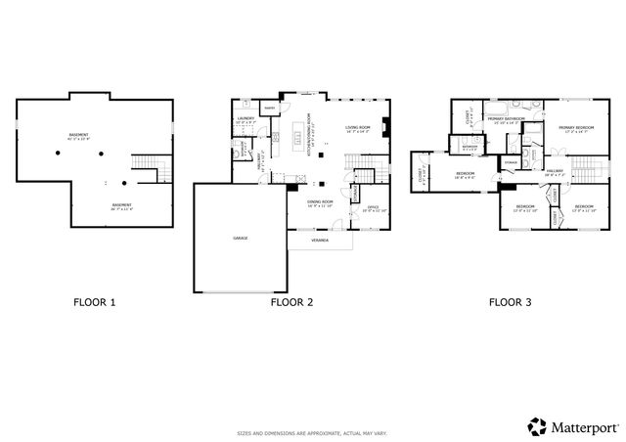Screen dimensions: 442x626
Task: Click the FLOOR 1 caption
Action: (94, 302)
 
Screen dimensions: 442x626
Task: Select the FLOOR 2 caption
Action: (291, 302)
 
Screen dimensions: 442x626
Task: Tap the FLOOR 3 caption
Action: (510, 302)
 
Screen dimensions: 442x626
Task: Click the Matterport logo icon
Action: (537, 425)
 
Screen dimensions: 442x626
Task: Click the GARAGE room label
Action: (239, 238)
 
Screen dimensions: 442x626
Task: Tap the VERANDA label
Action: (320, 240)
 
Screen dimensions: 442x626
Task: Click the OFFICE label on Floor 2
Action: (372, 208)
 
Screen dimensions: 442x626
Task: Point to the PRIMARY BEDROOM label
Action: (576, 128)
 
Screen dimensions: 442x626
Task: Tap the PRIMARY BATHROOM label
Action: (508, 118)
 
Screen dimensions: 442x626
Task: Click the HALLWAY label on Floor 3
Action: (555, 171)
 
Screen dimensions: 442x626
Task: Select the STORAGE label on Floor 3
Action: (511, 161)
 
